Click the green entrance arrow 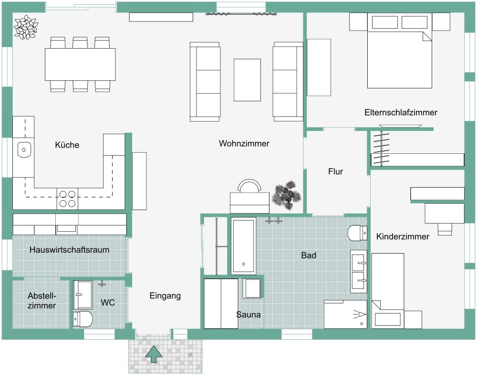(x=154, y=354)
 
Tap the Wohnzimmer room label (x=244, y=143)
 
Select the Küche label (x=67, y=145)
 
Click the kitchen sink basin (x=24, y=150)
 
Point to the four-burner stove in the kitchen (x=67, y=199)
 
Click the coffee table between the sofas (x=247, y=80)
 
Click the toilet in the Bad (x=357, y=233)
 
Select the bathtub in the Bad (x=243, y=246)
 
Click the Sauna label (x=248, y=315)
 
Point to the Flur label (x=335, y=171)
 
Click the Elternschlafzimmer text (x=401, y=112)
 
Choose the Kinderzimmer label (x=403, y=236)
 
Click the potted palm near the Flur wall (x=287, y=195)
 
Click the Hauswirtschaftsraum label (x=69, y=250)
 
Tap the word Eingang (x=165, y=296)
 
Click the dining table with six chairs (x=80, y=64)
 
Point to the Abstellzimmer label (x=41, y=300)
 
